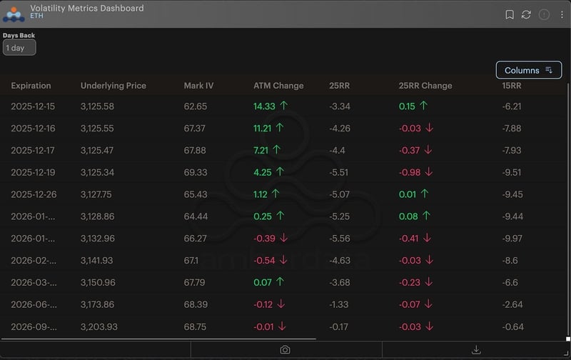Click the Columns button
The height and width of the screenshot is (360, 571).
click(x=528, y=70)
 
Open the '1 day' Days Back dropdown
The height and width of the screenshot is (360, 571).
click(x=19, y=48)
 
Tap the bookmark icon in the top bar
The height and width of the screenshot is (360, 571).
click(x=510, y=14)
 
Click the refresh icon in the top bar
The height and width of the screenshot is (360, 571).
click(x=527, y=14)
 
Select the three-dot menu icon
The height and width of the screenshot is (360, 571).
click(x=562, y=14)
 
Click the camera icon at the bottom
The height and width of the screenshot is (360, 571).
click(x=285, y=349)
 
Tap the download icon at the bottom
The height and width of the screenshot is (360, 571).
click(x=476, y=349)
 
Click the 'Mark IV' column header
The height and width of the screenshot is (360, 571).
click(x=198, y=86)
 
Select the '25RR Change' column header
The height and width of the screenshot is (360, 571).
click(x=425, y=86)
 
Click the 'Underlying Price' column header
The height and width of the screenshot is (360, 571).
click(x=113, y=86)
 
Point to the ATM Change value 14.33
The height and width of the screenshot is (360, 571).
click(x=264, y=106)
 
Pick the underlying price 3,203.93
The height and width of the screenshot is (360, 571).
click(x=97, y=326)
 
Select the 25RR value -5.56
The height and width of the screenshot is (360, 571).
click(x=340, y=238)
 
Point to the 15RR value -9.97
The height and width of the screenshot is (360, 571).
click(x=513, y=238)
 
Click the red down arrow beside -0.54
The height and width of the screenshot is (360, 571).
click(x=283, y=260)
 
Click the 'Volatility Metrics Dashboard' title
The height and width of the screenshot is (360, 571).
click(x=86, y=9)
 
